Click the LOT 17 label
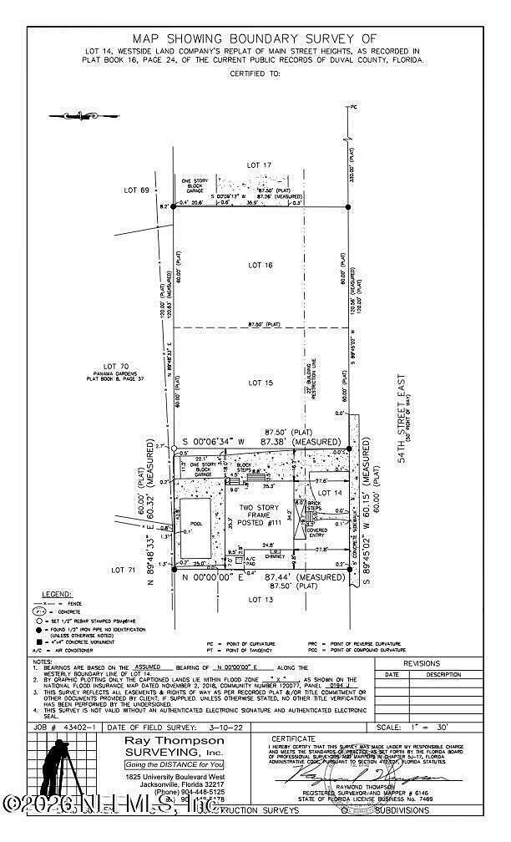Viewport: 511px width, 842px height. click(x=260, y=165)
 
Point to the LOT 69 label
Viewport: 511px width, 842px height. click(x=138, y=190)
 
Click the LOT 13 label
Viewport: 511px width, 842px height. click(x=260, y=599)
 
